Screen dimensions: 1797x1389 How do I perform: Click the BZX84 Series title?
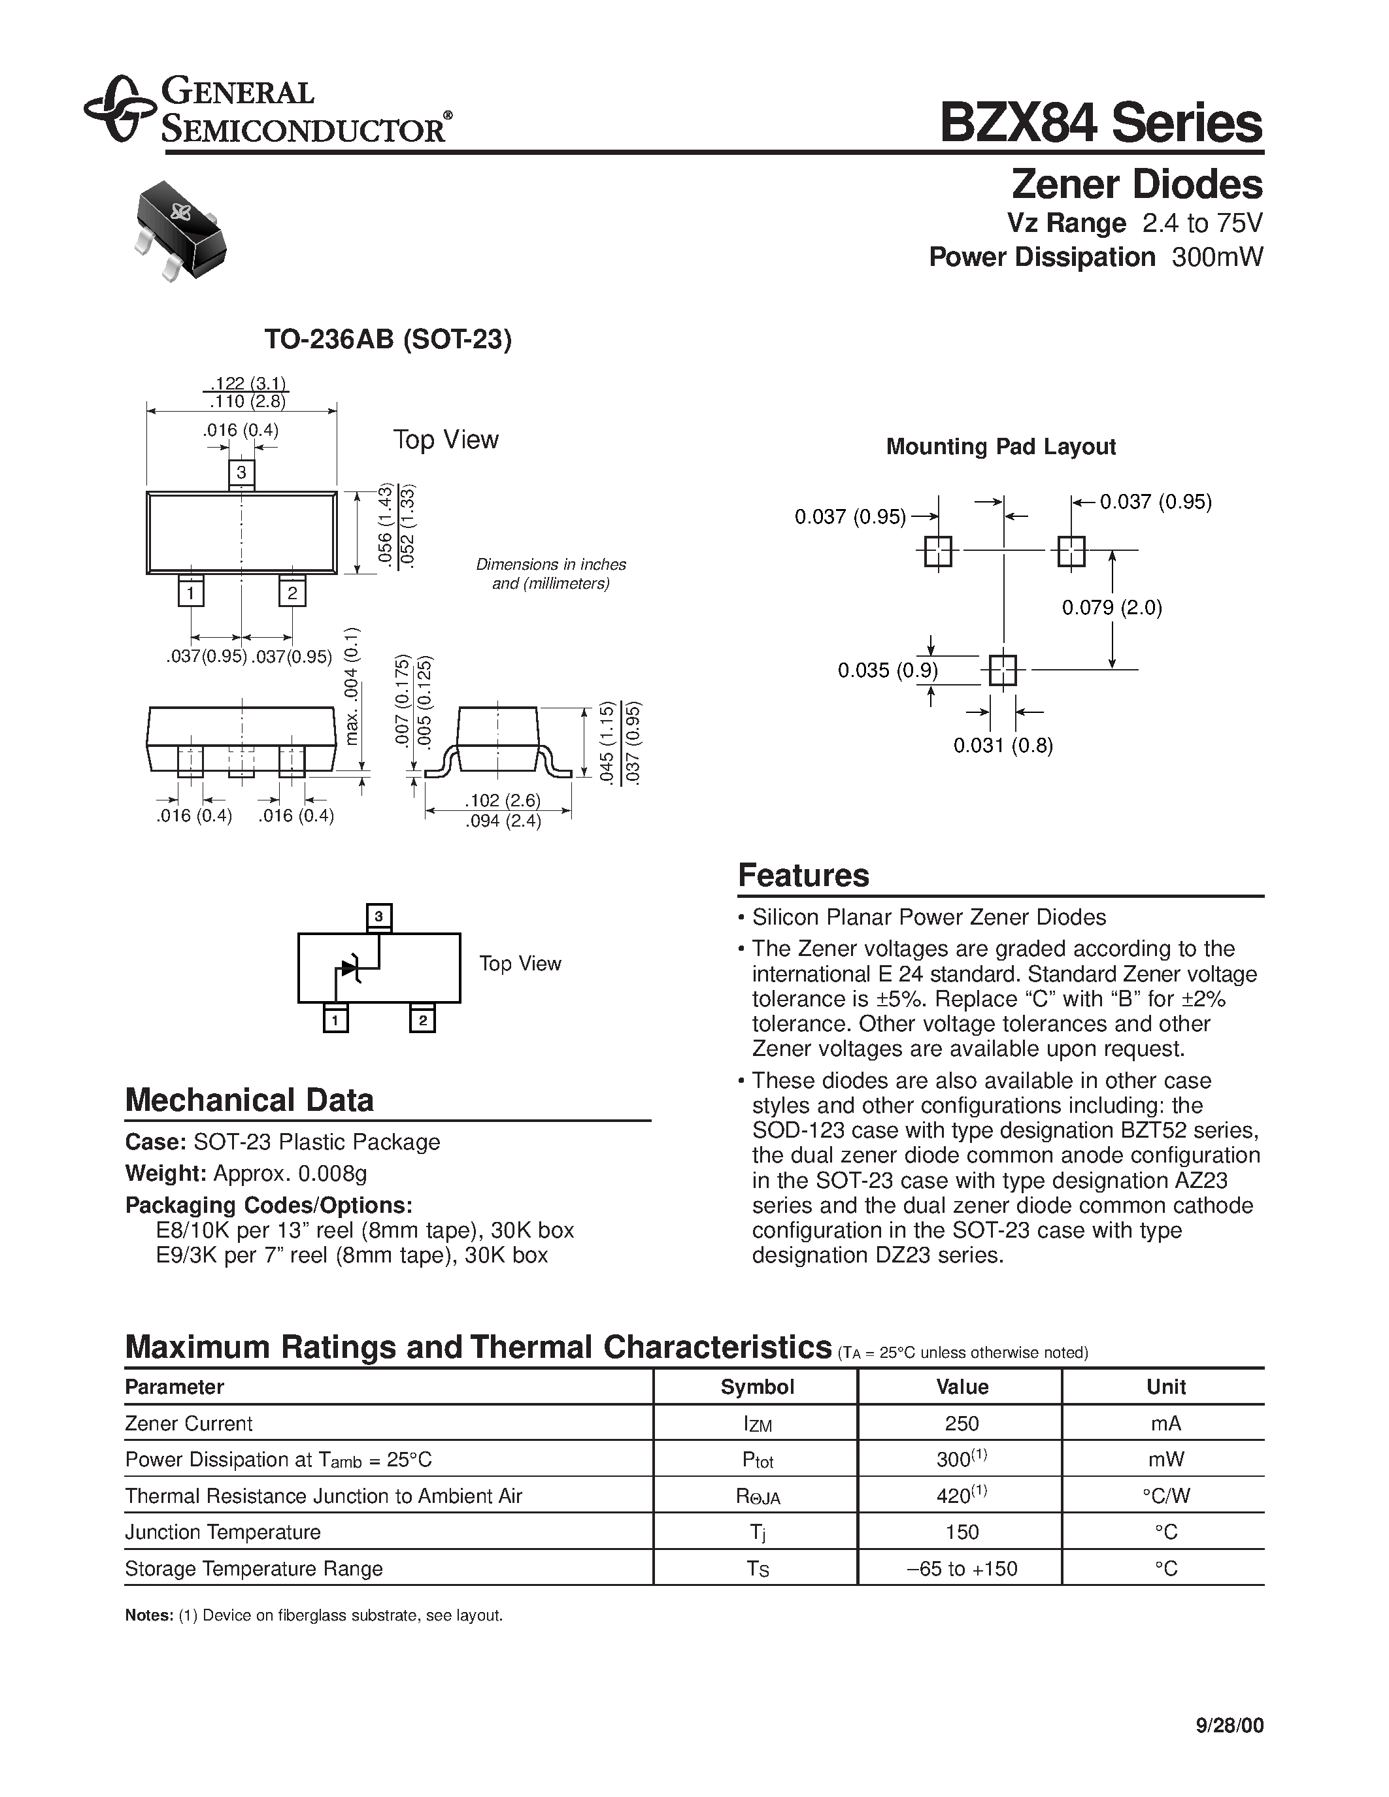pyautogui.click(x=1100, y=124)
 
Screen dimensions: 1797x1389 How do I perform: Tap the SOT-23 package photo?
pyautogui.click(x=178, y=231)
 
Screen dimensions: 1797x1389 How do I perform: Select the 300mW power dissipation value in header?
pyautogui.click(x=1217, y=257)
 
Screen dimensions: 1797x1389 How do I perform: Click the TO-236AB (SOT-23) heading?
pyautogui.click(x=388, y=339)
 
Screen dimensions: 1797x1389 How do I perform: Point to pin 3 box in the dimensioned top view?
pyautogui.click(x=241, y=472)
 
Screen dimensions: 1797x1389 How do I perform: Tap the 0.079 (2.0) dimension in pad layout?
pyautogui.click(x=1112, y=608)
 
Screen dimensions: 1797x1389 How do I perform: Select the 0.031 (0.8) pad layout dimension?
pyautogui.click(x=1003, y=746)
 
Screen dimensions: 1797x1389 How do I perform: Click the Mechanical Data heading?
pyautogui.click(x=249, y=1100)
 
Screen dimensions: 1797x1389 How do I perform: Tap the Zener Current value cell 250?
pyautogui.click(x=961, y=1423)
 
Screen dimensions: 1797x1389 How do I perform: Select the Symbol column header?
pyautogui.click(x=757, y=1387)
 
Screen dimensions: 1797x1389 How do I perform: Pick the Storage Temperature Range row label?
pyautogui.click(x=254, y=1568)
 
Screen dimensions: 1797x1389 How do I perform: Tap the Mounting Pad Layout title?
pyautogui.click(x=1001, y=447)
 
